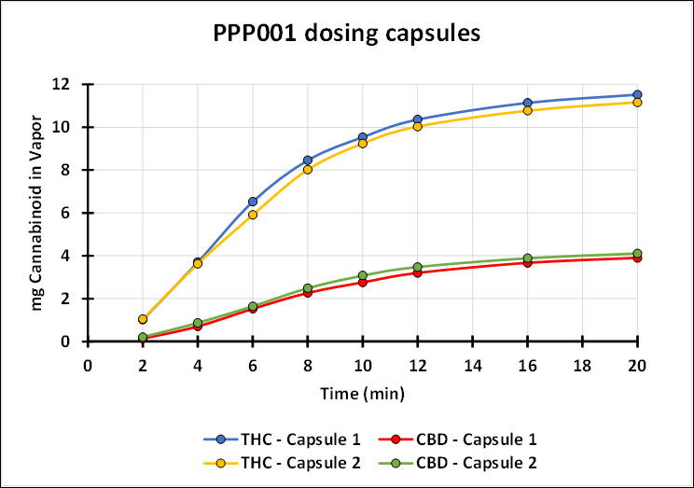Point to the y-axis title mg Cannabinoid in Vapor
point(37,213)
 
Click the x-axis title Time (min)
point(362,395)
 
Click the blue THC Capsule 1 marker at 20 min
point(638,94)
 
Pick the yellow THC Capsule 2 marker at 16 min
point(528,110)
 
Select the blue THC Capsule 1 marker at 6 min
point(253,202)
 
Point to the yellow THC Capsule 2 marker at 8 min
point(308,169)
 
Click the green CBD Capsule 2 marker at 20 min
point(638,254)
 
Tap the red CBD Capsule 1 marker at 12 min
point(418,272)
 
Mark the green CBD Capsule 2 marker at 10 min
point(363,275)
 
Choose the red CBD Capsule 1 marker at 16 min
point(528,262)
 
